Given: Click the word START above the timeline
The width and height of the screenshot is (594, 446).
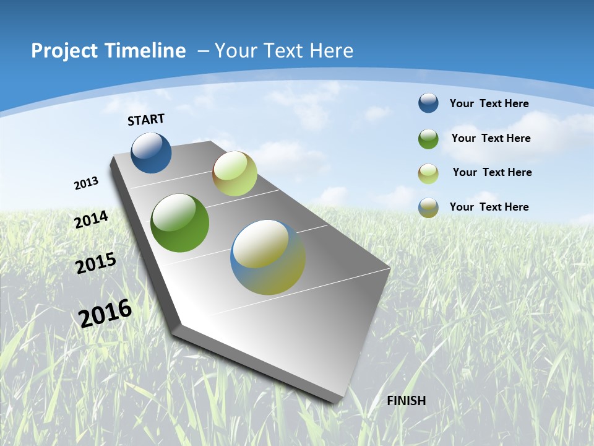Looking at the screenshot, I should point(146,120).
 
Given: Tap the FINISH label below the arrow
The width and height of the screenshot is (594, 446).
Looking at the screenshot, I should point(406,401).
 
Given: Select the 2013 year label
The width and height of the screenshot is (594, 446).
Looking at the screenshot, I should point(87,183).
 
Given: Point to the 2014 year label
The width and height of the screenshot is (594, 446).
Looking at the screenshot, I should point(92,219).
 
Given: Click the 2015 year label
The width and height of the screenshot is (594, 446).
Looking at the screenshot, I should point(96,263).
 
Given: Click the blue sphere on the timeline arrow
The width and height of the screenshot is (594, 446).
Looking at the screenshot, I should point(151,152).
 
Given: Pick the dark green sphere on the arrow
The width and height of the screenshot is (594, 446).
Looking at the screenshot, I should point(179,223).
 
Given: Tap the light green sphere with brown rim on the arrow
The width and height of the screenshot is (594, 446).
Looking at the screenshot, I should point(235,173).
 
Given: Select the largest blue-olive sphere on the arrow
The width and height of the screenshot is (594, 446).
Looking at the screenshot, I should point(268,257).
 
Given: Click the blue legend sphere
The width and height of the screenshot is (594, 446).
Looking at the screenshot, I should point(428,103).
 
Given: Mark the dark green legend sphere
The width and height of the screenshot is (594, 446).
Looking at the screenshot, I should point(428,139).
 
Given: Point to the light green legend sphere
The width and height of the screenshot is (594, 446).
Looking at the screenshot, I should point(428,173).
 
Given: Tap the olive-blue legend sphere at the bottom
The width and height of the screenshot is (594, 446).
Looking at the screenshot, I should point(428,208).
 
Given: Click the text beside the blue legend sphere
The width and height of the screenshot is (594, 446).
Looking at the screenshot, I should point(489,103).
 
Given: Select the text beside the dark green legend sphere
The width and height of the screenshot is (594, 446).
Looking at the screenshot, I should point(491,138).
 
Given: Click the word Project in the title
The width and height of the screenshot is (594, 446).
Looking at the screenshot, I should point(65,51).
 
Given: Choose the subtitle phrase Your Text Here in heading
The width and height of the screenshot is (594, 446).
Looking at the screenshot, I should point(284,51).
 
